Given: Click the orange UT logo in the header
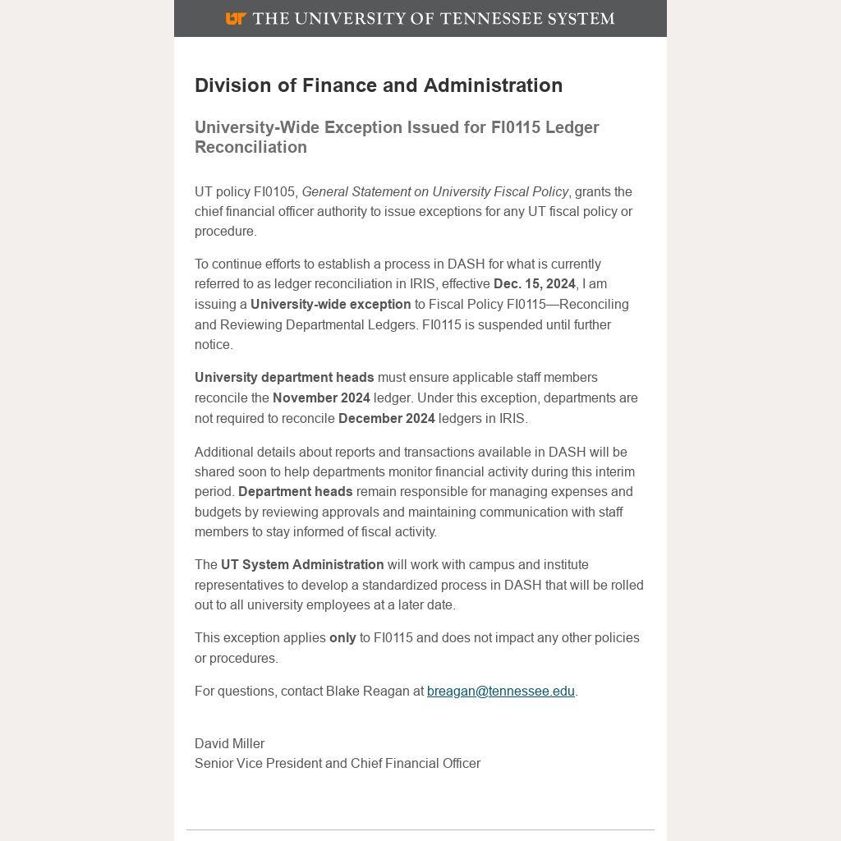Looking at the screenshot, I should (236, 18).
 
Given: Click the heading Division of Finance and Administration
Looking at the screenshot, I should (379, 85).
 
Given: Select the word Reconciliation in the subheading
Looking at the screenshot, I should (250, 147).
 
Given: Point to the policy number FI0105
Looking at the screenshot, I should (274, 191).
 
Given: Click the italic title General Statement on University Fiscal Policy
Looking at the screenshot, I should (435, 191).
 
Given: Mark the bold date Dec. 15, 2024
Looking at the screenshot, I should (534, 283).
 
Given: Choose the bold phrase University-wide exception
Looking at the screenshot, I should (330, 304).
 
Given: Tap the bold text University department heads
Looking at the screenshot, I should (284, 377).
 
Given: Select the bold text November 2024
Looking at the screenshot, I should (321, 398).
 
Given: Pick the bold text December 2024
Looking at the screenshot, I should (386, 418).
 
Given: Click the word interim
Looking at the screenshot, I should (613, 471).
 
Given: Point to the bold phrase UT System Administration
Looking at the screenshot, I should (302, 564).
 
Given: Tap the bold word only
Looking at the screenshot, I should (342, 637).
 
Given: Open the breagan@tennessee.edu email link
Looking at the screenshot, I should (500, 691).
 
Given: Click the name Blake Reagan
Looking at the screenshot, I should (368, 691).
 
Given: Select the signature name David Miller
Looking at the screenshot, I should (229, 743).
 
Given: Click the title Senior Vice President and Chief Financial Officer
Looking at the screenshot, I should (338, 763).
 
